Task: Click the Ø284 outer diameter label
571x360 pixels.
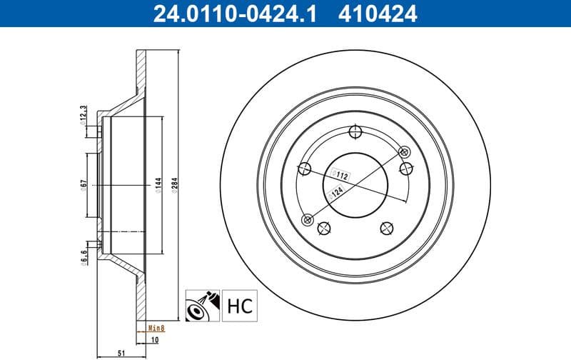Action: (x=174, y=185)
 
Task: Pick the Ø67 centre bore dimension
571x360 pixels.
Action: (x=83, y=185)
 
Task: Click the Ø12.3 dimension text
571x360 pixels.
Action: (x=83, y=114)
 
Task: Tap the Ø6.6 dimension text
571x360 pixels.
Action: (x=83, y=256)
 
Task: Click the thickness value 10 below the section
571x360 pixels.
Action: (x=155, y=340)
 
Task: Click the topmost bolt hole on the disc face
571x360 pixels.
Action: (x=355, y=132)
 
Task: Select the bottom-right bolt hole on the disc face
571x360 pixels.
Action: (x=386, y=227)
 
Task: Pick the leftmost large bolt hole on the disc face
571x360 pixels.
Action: (x=304, y=169)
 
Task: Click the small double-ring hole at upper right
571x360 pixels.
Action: (x=404, y=151)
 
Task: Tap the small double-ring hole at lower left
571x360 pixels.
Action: (x=308, y=219)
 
